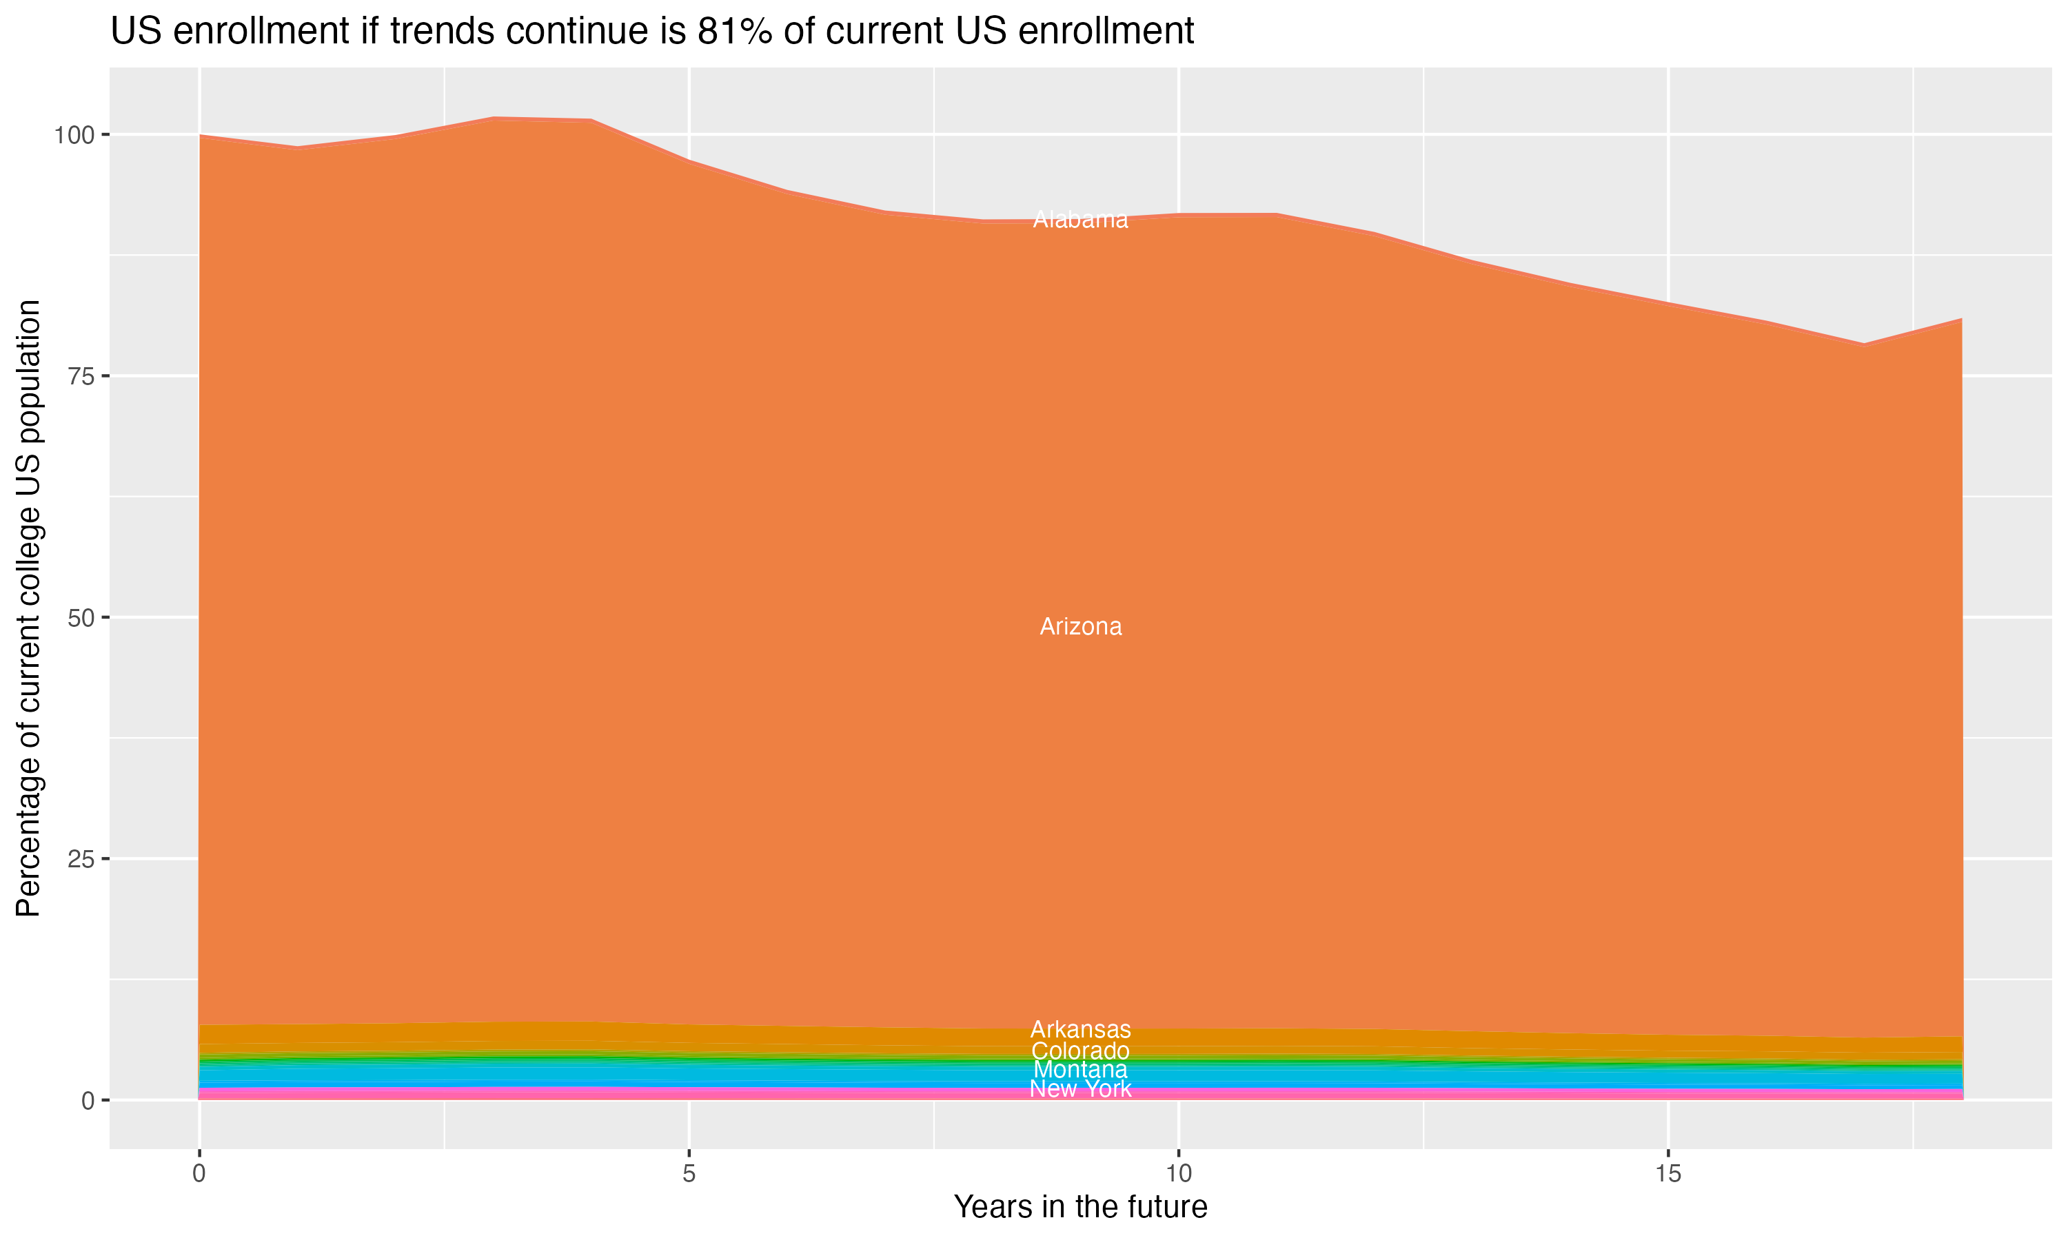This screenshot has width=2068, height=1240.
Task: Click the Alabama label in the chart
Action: [1080, 220]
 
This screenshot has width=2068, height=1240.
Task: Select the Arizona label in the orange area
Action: [1080, 627]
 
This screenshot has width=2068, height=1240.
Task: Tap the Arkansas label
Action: [1080, 1029]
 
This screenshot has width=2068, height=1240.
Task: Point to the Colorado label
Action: [1080, 1051]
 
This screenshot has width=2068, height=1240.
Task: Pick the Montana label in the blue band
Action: [1080, 1070]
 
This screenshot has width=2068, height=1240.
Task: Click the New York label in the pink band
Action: [1080, 1088]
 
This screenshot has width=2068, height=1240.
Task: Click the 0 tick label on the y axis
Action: [88, 1100]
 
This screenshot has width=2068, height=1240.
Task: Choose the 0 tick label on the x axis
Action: [199, 1174]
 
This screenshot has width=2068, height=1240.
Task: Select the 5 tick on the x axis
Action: [689, 1174]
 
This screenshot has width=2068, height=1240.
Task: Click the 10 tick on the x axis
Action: [1178, 1174]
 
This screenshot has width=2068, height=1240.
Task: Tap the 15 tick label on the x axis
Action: [1667, 1174]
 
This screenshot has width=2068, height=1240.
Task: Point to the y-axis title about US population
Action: [28, 608]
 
